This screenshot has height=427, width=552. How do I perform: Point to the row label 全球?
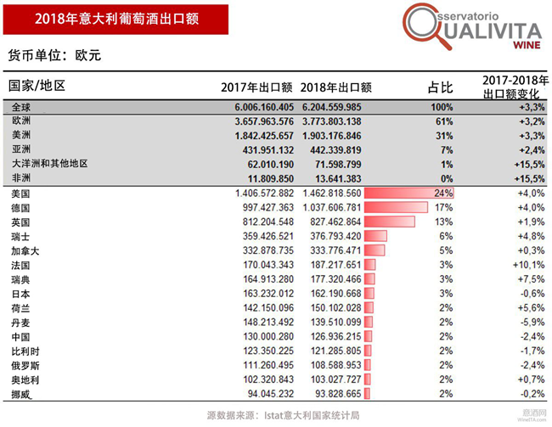(x=20, y=108)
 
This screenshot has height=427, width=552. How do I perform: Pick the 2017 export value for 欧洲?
(x=256, y=122)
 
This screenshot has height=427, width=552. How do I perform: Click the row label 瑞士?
(x=20, y=236)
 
